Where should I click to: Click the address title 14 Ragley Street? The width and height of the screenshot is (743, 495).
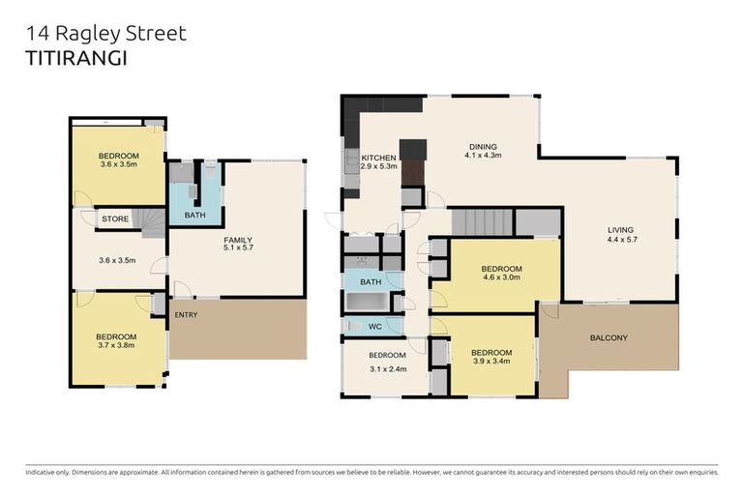point(105,35)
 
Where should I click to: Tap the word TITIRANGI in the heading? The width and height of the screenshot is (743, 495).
point(74,56)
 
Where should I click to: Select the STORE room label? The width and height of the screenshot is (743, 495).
point(115,219)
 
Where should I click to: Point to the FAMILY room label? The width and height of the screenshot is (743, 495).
point(237,239)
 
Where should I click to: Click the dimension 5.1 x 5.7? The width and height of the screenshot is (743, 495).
point(237,248)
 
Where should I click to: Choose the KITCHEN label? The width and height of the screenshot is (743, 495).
point(378,158)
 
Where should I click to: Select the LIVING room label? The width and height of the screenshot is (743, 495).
point(620,229)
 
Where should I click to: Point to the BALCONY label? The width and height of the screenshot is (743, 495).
point(609,337)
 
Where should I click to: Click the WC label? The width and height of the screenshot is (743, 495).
point(375,327)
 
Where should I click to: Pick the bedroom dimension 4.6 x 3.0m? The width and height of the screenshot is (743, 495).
point(501,278)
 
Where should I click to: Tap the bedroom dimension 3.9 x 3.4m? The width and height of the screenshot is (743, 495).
point(491,363)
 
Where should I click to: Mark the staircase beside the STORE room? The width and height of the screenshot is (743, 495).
point(153,224)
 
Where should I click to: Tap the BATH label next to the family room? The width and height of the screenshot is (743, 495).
point(194,215)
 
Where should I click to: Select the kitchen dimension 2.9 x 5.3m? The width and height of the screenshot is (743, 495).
point(378,167)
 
